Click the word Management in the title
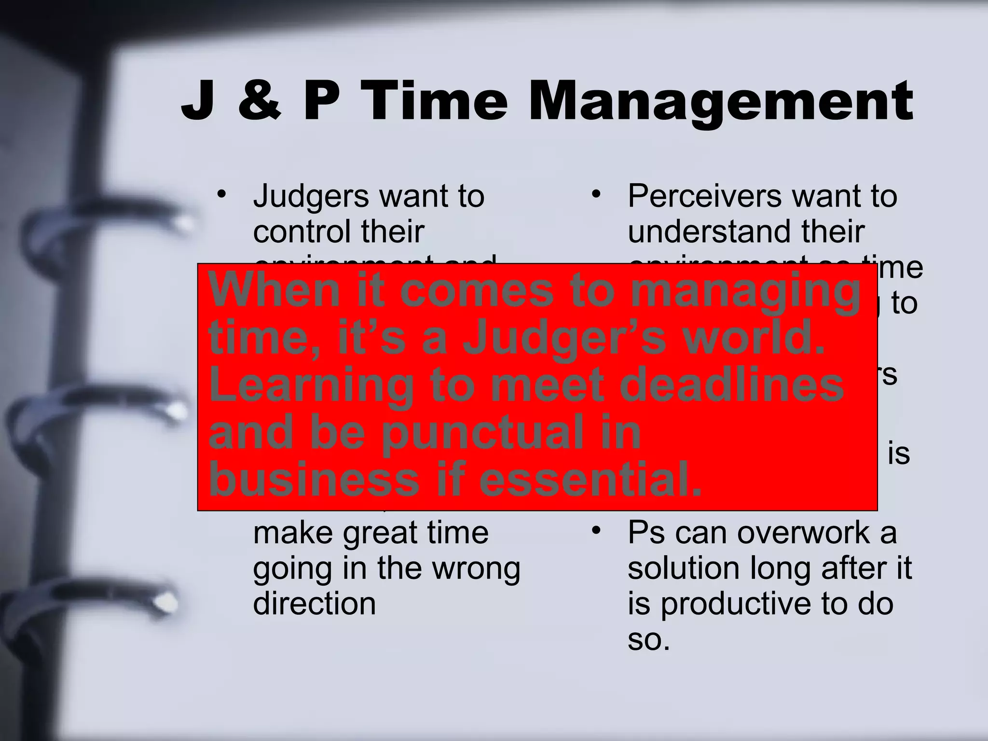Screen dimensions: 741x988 (721, 102)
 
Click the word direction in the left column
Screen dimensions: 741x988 (314, 604)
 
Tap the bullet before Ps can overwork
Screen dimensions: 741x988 (596, 530)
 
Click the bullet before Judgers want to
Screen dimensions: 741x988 (221, 194)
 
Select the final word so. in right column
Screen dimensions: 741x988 (648, 640)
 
